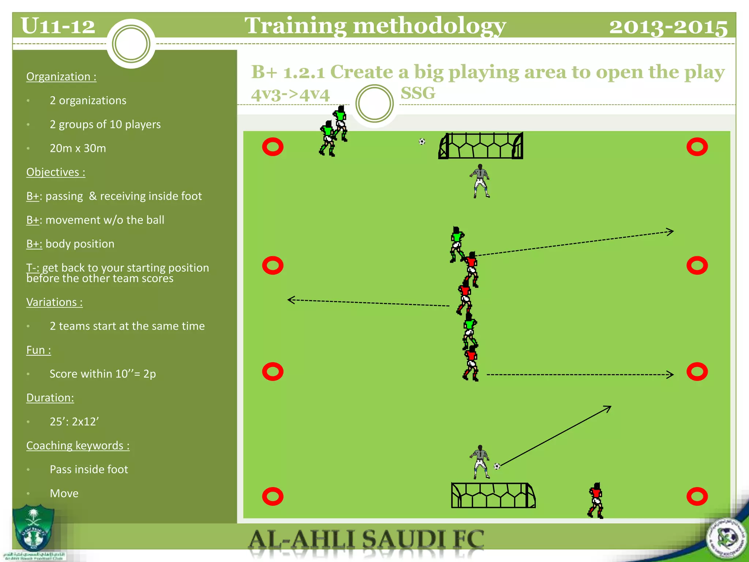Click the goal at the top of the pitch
click(x=481, y=146)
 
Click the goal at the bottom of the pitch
click(x=493, y=495)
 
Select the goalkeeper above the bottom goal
click(x=480, y=462)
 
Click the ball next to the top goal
click(x=422, y=142)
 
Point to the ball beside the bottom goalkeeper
click(x=497, y=466)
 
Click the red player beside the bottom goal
click(x=596, y=500)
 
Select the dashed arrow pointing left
click(x=368, y=303)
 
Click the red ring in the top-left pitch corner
click(x=273, y=147)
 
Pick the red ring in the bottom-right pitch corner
click(x=697, y=497)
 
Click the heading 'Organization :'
click(x=61, y=76)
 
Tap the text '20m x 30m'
click(x=78, y=148)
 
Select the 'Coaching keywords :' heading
click(x=78, y=445)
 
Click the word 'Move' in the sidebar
click(x=64, y=493)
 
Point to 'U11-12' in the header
click(x=58, y=26)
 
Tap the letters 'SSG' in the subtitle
click(x=418, y=93)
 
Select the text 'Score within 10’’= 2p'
click(x=103, y=374)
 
